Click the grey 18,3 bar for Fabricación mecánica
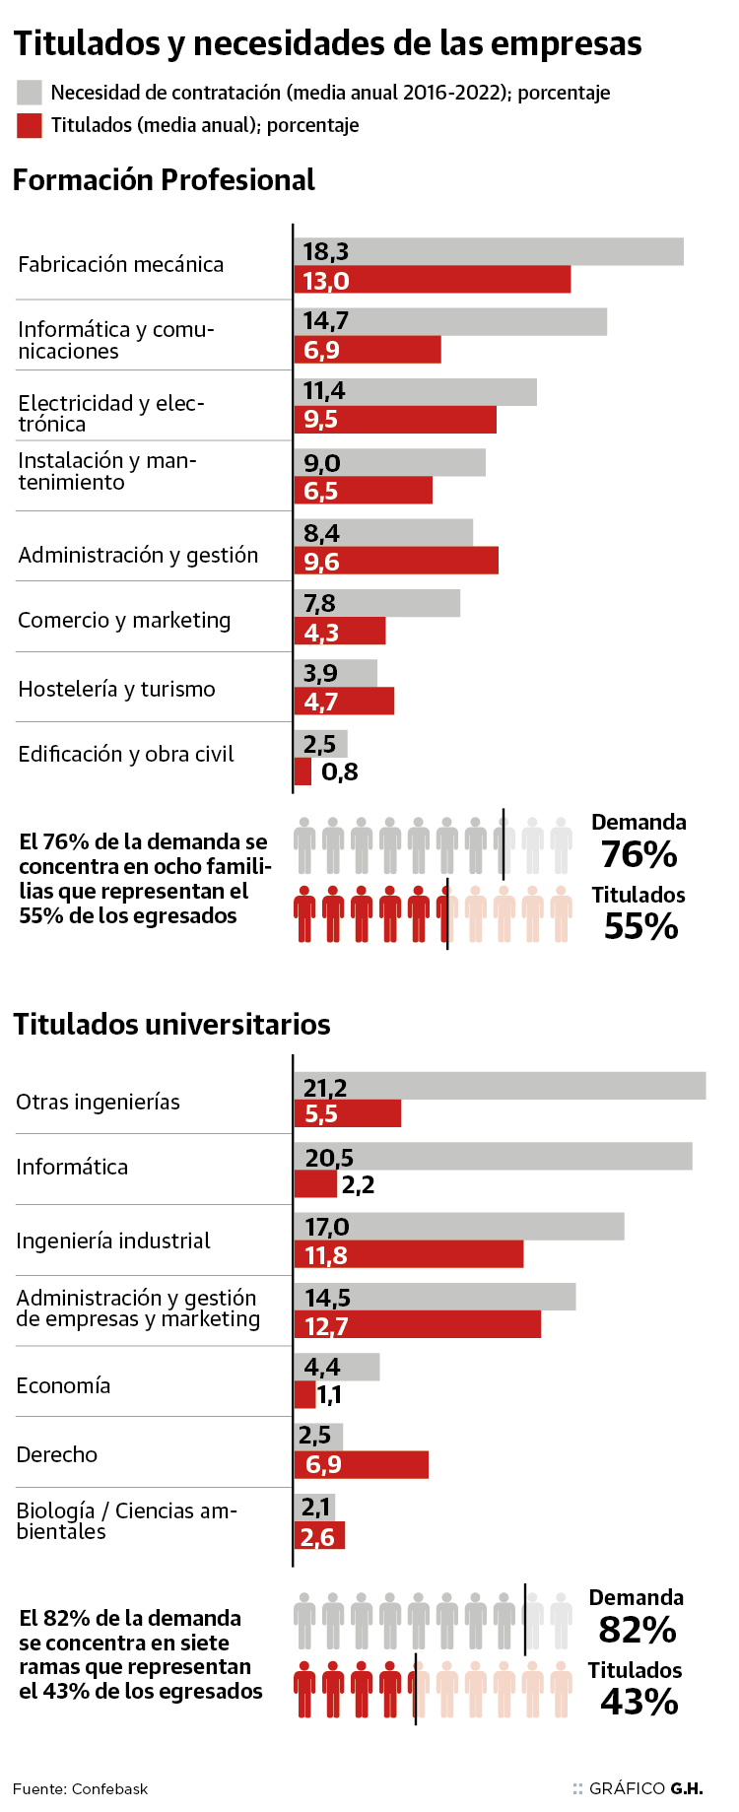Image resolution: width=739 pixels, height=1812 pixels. (x=489, y=251)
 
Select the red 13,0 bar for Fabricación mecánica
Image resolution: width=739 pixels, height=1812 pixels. (x=433, y=280)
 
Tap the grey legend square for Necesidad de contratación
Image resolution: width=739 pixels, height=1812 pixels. (x=30, y=93)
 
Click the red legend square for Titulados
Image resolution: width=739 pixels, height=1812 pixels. (x=30, y=125)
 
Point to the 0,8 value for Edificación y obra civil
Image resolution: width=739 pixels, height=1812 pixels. (x=340, y=772)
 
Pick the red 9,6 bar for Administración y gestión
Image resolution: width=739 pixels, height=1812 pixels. (x=396, y=561)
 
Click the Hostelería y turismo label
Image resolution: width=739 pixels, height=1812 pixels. (x=116, y=689)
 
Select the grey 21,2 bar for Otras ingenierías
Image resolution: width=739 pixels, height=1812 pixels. (x=500, y=1086)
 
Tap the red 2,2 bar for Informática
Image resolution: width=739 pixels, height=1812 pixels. (x=315, y=1184)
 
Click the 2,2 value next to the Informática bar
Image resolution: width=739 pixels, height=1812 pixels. (x=359, y=1184)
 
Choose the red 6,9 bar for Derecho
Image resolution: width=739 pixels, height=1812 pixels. (x=362, y=1464)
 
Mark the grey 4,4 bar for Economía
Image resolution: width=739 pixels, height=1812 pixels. (x=337, y=1367)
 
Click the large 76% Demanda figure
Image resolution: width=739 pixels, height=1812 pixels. (x=639, y=854)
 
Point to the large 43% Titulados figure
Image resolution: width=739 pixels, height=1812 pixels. (x=639, y=1702)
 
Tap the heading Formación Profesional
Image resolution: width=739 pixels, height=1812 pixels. (x=164, y=180)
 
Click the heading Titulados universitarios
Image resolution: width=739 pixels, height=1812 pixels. (x=171, y=1025)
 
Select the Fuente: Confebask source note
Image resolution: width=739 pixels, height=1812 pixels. (x=80, y=1788)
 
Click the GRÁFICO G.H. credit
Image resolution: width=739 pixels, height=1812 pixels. (x=645, y=1788)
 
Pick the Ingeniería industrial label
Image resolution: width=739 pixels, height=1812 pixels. (x=113, y=1241)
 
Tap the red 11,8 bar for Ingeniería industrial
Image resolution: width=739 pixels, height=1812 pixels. (x=409, y=1254)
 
